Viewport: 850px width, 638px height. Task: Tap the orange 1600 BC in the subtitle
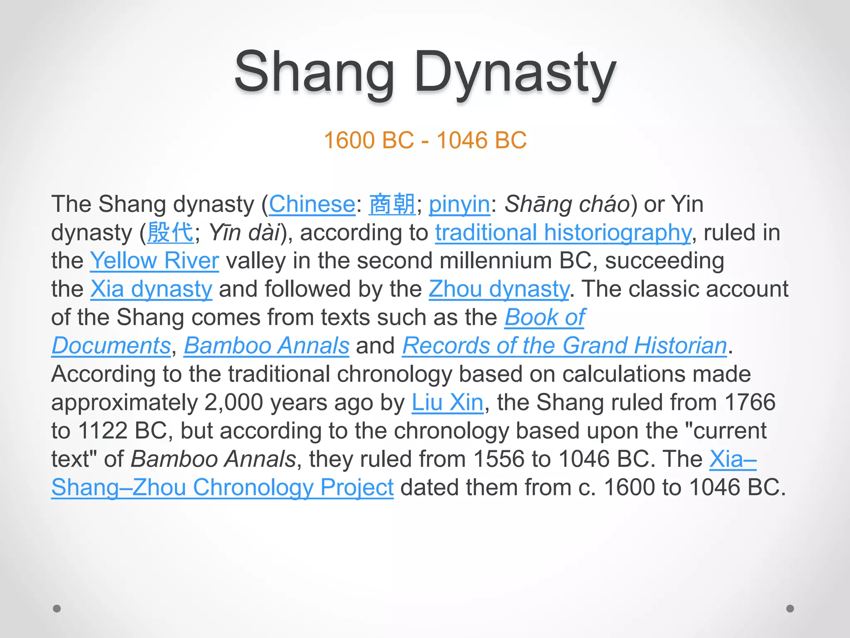[x=369, y=140]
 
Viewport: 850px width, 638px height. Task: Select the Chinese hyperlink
[x=312, y=204]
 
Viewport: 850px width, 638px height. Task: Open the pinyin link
[x=459, y=204]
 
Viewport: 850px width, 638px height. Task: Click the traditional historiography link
[x=563, y=233]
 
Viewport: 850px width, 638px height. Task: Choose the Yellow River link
[x=154, y=261]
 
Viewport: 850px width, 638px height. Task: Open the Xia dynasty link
[x=151, y=289]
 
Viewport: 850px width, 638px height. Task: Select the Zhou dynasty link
[x=499, y=289]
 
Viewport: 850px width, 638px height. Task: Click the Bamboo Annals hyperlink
[x=266, y=346]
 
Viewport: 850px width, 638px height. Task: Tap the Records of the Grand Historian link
[x=564, y=346]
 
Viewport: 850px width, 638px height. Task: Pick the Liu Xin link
[x=447, y=402]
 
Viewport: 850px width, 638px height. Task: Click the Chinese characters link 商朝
[x=392, y=204]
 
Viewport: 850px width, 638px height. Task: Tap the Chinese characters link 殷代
[x=170, y=233]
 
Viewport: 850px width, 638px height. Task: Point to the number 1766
[x=750, y=402]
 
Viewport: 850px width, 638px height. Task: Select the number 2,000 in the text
[x=234, y=402]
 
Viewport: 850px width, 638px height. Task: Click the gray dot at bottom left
[x=57, y=609]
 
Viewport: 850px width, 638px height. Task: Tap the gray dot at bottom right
[x=790, y=609]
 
